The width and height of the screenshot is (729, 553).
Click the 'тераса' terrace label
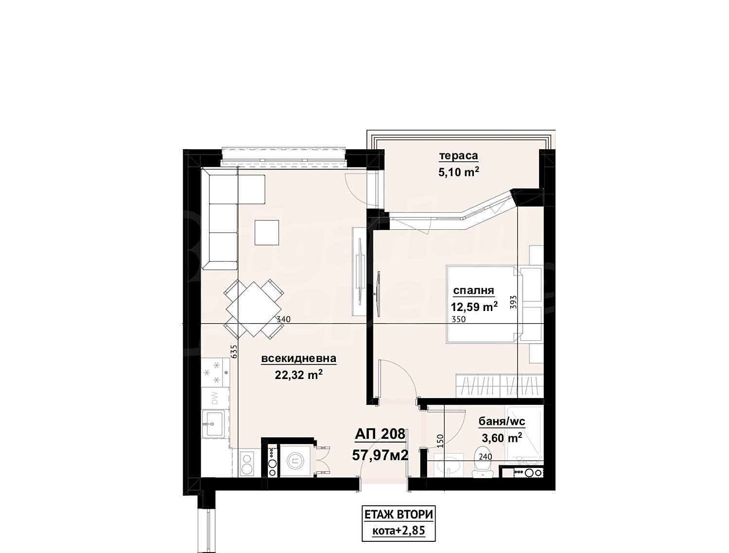coord(458,156)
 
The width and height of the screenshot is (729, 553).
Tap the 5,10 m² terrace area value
coord(459,172)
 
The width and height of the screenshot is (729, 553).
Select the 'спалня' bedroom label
coord(473,291)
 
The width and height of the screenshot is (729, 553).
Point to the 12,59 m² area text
coord(474,306)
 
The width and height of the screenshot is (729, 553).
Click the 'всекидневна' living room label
coord(299,359)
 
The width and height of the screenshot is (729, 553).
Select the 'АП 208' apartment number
coord(380,434)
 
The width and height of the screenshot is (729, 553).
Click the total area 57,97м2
coord(380,455)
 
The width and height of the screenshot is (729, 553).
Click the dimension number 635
coord(234,351)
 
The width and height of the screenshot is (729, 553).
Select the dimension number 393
coord(513,302)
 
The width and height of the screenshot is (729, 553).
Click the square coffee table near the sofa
coord(267,232)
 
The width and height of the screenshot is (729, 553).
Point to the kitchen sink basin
coord(213,424)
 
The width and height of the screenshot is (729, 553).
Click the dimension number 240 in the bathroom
coord(485,457)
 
